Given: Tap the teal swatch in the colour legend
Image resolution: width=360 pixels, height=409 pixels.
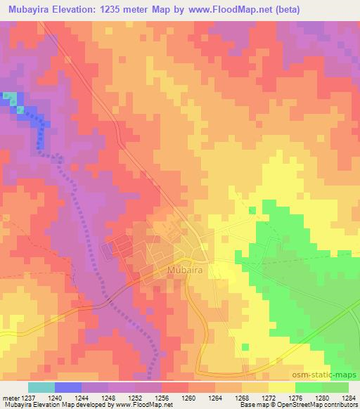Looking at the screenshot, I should pyautogui.click(x=41, y=387).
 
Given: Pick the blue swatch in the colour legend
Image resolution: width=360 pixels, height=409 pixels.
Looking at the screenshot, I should pyautogui.click(x=68, y=387).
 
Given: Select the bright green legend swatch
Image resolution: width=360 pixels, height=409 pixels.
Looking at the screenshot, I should pyautogui.click(x=309, y=387).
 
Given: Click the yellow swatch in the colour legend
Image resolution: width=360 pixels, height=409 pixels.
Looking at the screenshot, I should pyautogui.click(x=282, y=387).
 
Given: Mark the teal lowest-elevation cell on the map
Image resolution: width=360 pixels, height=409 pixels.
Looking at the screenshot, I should pyautogui.click(x=10, y=97).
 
